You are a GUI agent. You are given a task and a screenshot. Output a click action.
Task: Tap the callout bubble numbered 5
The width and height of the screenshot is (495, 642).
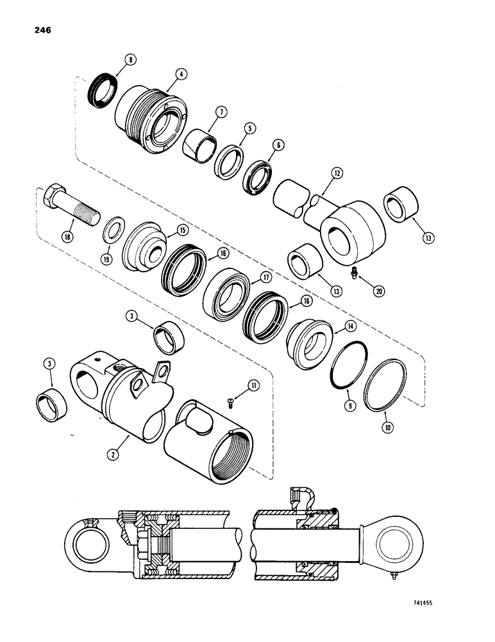250,128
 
